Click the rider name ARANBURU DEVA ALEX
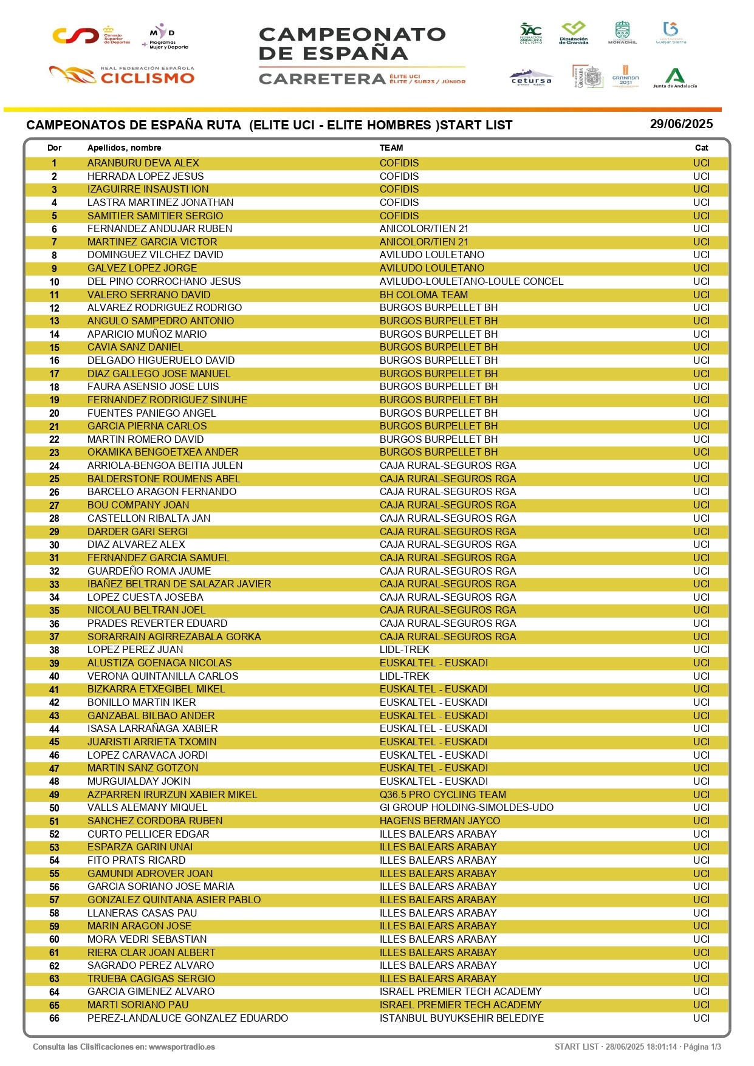(x=143, y=163)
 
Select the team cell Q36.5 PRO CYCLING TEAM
(x=442, y=794)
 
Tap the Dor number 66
(x=54, y=1018)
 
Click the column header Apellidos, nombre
(x=124, y=148)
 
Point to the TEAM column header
(x=391, y=148)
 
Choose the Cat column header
(x=701, y=148)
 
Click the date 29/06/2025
(x=681, y=124)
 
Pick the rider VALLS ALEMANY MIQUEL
(x=147, y=807)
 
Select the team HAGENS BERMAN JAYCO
(x=440, y=821)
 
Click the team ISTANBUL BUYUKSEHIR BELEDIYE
(x=461, y=1018)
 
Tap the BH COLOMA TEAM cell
(x=423, y=295)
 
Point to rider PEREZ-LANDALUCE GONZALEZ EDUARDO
(x=188, y=1018)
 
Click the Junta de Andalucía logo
(x=674, y=78)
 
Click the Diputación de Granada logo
(x=574, y=33)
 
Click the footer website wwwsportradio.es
(x=182, y=1047)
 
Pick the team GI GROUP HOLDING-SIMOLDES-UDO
(x=466, y=807)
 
